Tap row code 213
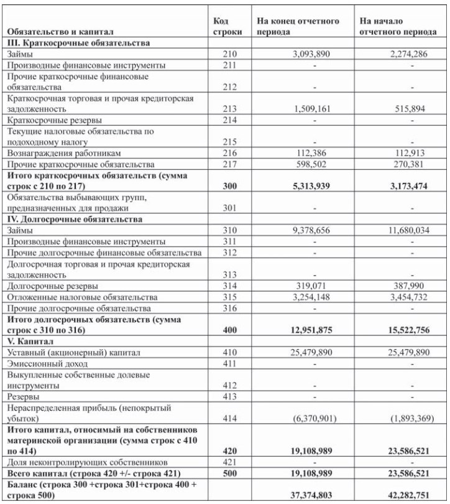tap(229, 108)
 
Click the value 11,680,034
tap(404, 230)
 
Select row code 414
tap(229, 418)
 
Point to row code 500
tap(229, 474)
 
